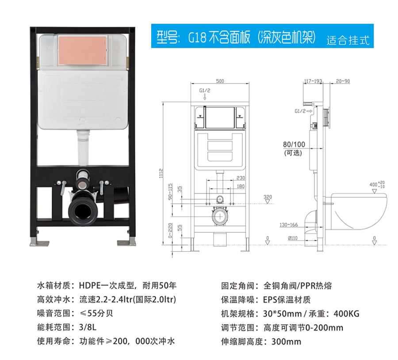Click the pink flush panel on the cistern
click(x=82, y=50)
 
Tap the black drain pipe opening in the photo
click(x=83, y=210)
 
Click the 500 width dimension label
click(x=220, y=81)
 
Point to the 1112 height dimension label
click(x=161, y=173)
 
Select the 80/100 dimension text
click(x=294, y=144)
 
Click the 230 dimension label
click(x=241, y=178)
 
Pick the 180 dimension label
click(x=241, y=186)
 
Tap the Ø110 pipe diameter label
click(x=293, y=238)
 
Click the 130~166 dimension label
click(x=289, y=225)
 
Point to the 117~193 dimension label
click(x=313, y=81)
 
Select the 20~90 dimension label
click(x=343, y=81)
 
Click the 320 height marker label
click(x=268, y=197)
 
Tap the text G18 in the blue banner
click(x=197, y=38)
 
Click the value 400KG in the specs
click(x=346, y=314)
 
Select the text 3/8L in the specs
click(x=88, y=327)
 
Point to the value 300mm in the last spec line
click(x=286, y=341)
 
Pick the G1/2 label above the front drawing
click(x=205, y=91)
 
